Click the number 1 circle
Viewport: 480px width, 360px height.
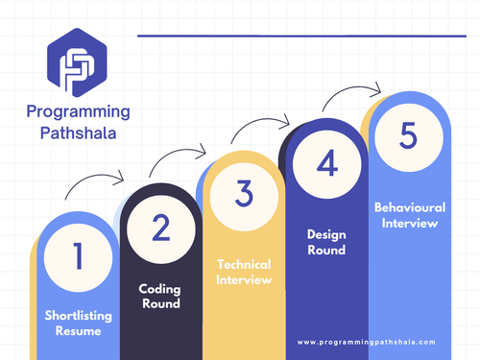pos(78,256)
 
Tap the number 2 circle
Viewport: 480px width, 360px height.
pos(160,227)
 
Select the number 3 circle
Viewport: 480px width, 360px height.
pos(243,193)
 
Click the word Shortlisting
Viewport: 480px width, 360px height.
pos(78,315)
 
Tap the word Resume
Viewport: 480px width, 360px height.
pos(78,330)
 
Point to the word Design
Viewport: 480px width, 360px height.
pos(326,233)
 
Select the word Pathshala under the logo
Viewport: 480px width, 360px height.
pos(72,134)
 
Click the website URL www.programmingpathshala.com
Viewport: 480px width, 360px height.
pos(366,342)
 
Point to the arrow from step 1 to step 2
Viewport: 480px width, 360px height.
pos(96,182)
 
